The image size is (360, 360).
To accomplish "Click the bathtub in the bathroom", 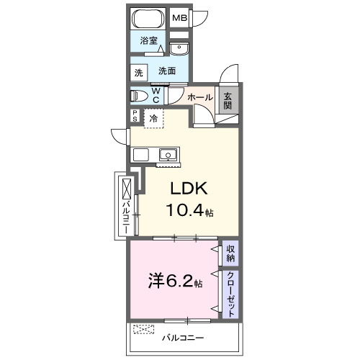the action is pyautogui.click(x=149, y=19).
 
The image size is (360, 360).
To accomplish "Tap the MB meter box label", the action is pyautogui.click(x=180, y=18).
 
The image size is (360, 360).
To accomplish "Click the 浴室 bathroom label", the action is pyautogui.click(x=149, y=40).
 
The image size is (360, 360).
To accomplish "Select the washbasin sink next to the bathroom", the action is pyautogui.click(x=179, y=49).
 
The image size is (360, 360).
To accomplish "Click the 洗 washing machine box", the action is pyautogui.click(x=139, y=73).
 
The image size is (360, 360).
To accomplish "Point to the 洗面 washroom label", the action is pyautogui.click(x=167, y=71).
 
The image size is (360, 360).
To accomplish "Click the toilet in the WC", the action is pyautogui.click(x=139, y=96).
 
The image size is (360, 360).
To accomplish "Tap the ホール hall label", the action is pyautogui.click(x=200, y=97).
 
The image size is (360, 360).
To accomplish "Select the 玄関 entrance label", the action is pyautogui.click(x=228, y=101).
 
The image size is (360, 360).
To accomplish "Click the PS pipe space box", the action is pyautogui.click(x=135, y=116).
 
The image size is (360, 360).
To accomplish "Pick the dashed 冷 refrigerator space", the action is pyautogui.click(x=153, y=118).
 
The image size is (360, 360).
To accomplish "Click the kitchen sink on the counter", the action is pyautogui.click(x=168, y=155).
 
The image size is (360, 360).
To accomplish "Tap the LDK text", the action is pyautogui.click(x=189, y=189).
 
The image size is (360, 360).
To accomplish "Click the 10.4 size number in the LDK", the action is pyautogui.click(x=185, y=210).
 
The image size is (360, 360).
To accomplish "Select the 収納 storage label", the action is pyautogui.click(x=230, y=254).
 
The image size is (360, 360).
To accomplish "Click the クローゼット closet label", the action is pyautogui.click(x=230, y=294).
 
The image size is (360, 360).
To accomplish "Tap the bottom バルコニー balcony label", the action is pyautogui.click(x=183, y=338).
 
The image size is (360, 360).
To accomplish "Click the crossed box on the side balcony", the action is pyautogui.click(x=127, y=189).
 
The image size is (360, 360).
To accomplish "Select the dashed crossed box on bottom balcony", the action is pyautogui.click(x=144, y=329).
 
